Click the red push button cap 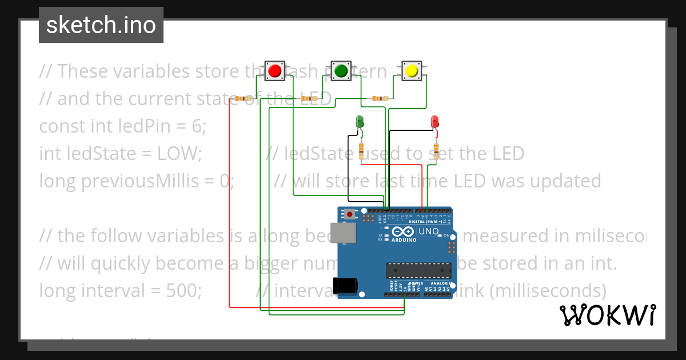point(274,71)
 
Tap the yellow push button point(411,71)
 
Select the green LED point(360,121)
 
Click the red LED point(434,121)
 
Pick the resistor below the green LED point(361,150)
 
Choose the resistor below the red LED point(437,150)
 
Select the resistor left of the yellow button point(378,98)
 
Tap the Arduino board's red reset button point(349,215)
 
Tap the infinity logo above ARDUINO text point(402,231)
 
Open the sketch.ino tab point(101,25)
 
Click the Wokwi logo point(607,315)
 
